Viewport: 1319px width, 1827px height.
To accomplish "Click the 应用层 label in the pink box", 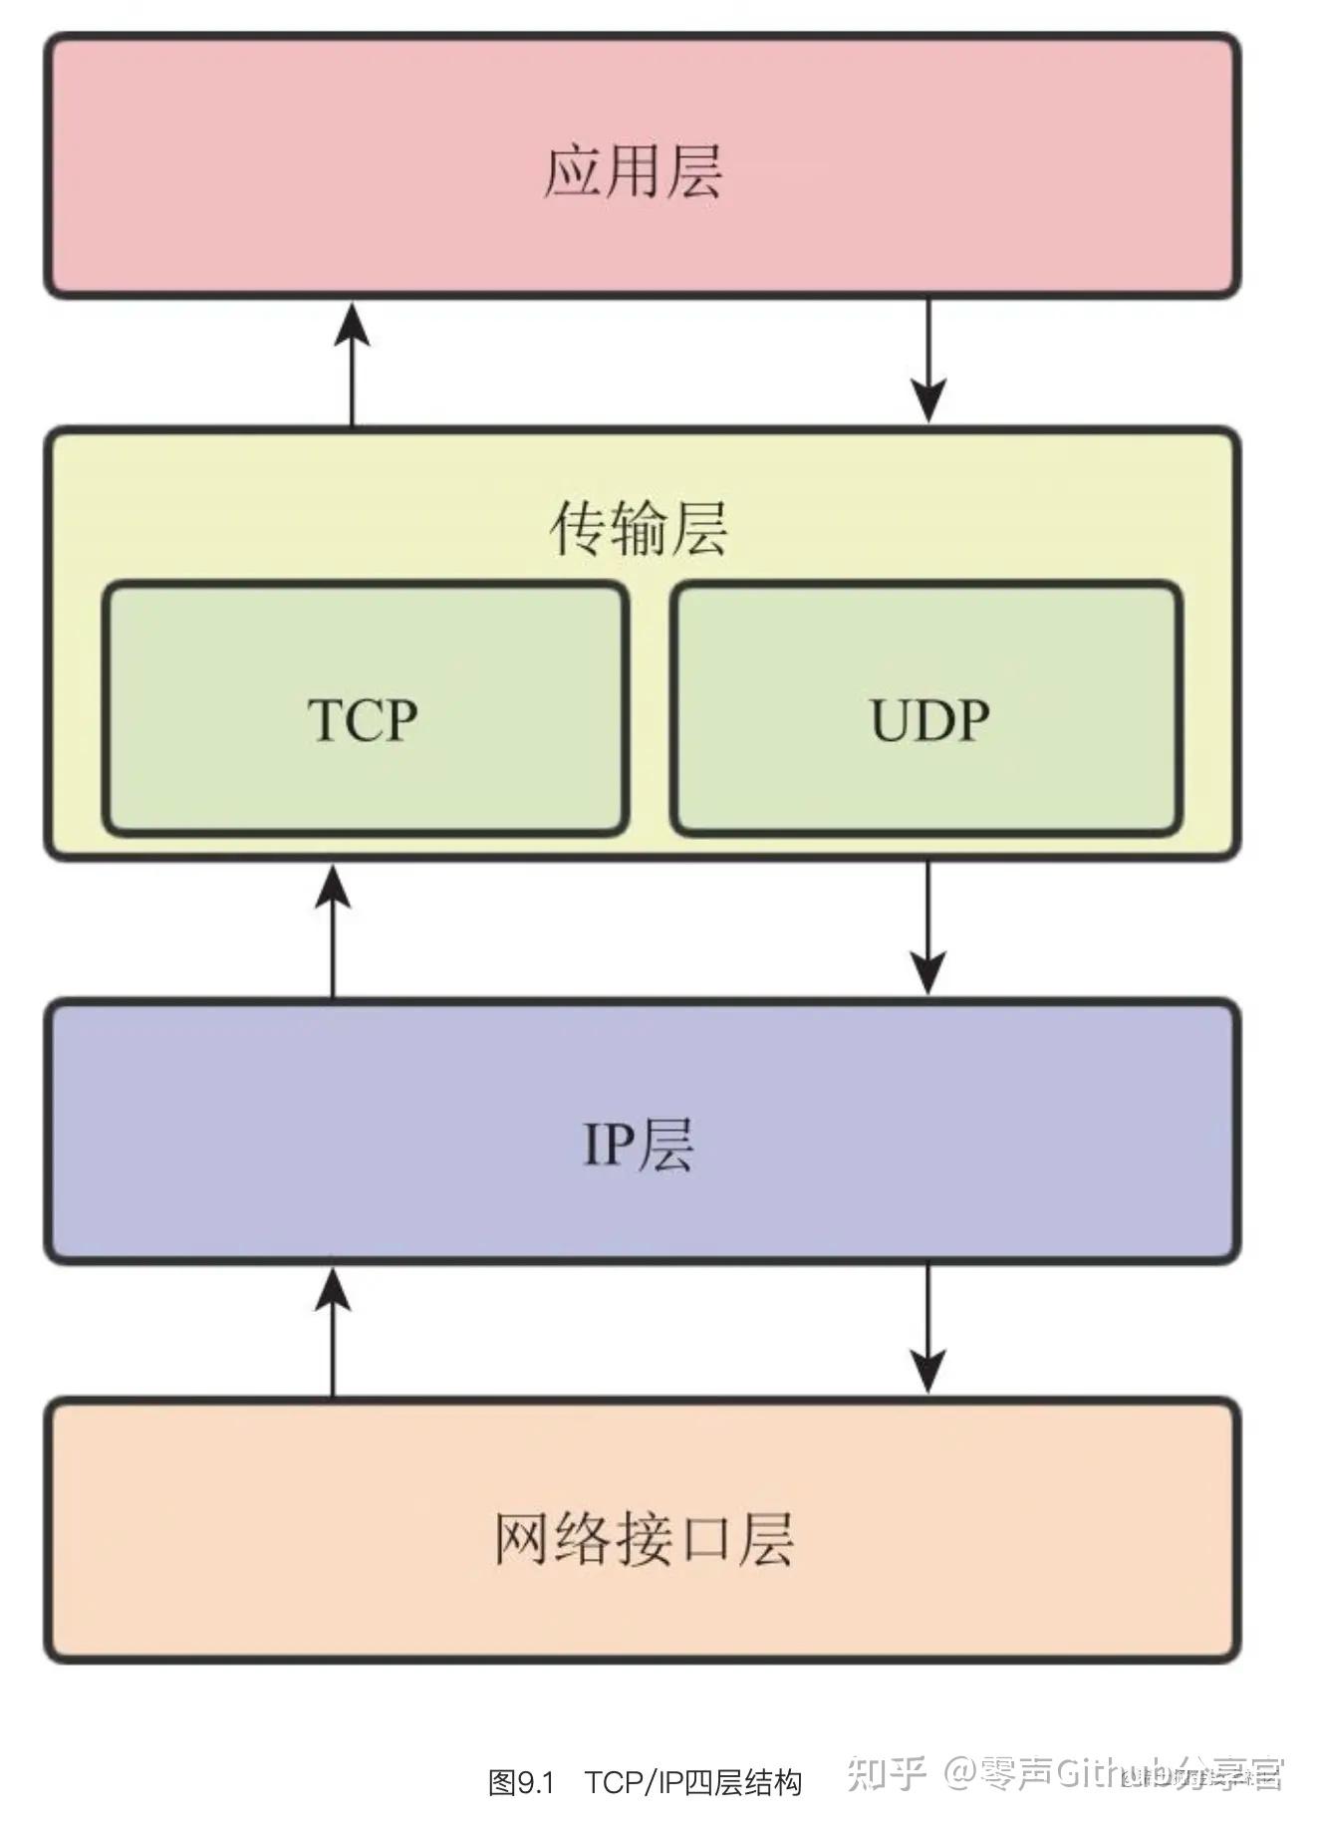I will point(633,171).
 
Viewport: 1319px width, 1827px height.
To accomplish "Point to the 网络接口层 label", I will point(644,1539).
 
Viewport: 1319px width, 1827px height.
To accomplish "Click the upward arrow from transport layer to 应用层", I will point(352,364).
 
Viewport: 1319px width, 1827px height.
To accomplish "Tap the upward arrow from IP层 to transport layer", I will point(333,930).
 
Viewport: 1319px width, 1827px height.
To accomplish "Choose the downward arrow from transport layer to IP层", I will point(928,927).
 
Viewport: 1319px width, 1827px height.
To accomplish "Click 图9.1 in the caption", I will point(520,1782).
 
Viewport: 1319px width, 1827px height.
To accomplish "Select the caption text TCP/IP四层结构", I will point(693,1782).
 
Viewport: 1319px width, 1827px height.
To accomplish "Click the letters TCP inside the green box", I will point(363,719).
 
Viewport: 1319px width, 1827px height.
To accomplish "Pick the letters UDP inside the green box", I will point(929,719).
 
